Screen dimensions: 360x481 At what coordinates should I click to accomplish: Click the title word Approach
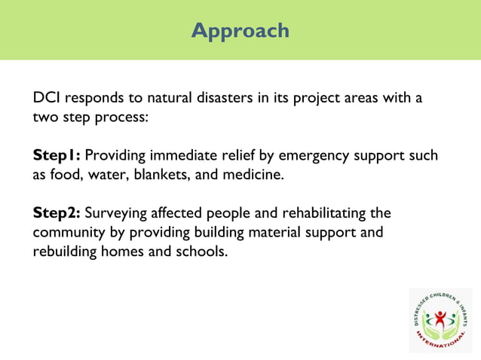click(240, 30)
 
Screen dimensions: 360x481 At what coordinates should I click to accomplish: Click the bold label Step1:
click(57, 156)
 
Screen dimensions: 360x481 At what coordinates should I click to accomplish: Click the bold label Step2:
click(57, 212)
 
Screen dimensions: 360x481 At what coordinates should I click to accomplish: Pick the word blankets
click(175, 175)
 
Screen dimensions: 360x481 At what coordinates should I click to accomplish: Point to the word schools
click(201, 252)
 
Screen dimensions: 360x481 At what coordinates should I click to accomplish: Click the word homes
click(130, 252)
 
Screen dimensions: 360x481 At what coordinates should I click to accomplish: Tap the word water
click(108, 175)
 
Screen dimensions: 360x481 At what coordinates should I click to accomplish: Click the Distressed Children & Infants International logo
click(440, 319)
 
